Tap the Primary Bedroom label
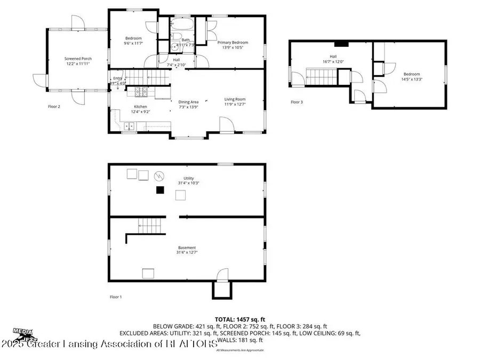pos(232,43)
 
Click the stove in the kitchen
pos(141,92)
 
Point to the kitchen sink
pos(129,126)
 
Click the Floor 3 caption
pos(297,102)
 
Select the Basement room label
pos(187,247)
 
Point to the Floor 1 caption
pos(116,297)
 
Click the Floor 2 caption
pos(54,106)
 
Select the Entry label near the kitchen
pos(117,78)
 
